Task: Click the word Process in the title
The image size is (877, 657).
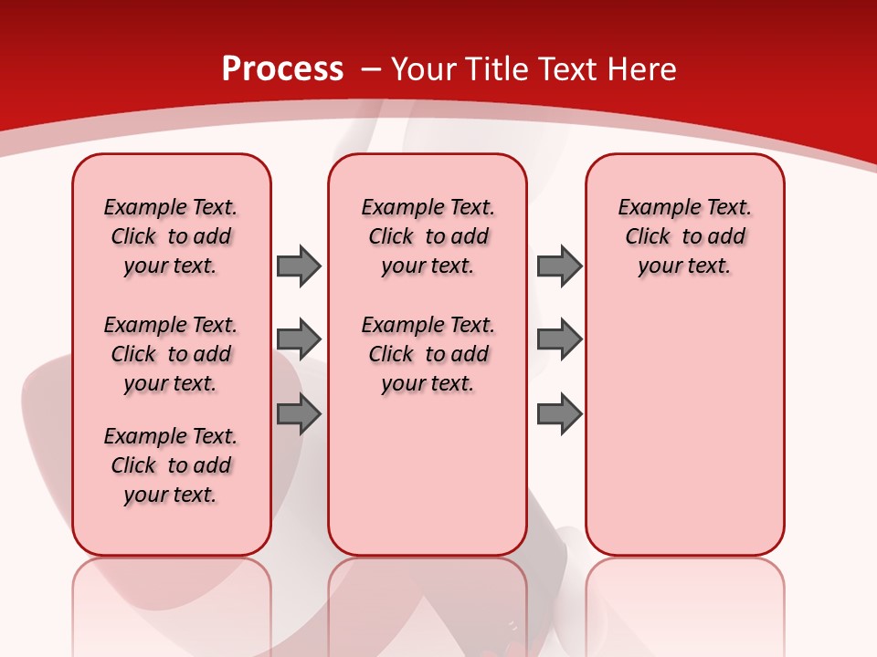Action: click(x=282, y=68)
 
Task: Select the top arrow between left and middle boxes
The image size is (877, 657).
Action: click(x=299, y=266)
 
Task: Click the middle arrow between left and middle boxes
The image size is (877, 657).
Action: click(x=299, y=339)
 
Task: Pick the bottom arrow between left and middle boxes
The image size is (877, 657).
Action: click(x=299, y=414)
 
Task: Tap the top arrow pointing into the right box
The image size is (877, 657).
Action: click(x=559, y=266)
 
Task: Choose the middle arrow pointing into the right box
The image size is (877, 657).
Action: click(x=559, y=339)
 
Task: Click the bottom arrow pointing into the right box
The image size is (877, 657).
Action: click(x=559, y=414)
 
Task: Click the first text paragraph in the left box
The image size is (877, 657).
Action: click(x=171, y=236)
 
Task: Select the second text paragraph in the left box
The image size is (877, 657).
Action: click(x=171, y=354)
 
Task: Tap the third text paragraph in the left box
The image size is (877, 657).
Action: click(x=171, y=465)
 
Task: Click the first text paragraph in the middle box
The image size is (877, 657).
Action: click(x=428, y=236)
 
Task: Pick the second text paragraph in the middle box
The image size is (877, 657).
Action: click(x=428, y=354)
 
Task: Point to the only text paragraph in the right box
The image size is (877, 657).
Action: click(x=684, y=236)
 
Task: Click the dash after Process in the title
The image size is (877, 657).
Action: click(x=371, y=69)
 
